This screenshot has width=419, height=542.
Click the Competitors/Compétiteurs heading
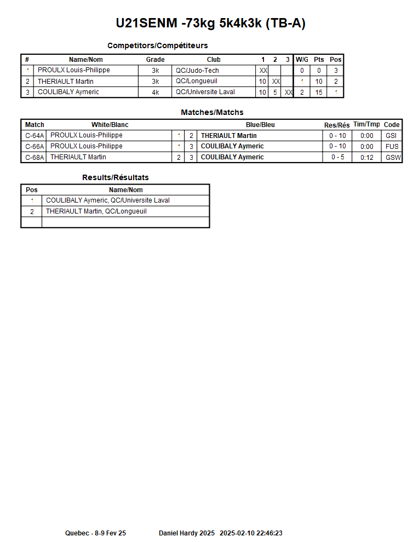coord(157,45)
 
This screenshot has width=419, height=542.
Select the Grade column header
coord(155,60)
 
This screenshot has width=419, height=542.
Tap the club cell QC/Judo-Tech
coord(197,71)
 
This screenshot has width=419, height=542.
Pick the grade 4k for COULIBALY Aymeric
coord(155,93)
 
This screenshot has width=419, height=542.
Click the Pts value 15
coord(319,93)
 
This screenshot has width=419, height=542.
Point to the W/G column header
coord(302,60)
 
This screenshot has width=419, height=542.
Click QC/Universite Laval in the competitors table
coord(205,92)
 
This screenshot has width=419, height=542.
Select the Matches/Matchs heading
coord(212,112)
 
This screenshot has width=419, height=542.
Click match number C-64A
coord(35,136)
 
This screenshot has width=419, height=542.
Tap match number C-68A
coord(35,158)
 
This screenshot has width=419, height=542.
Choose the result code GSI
coord(391,136)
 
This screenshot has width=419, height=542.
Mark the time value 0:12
coord(367,158)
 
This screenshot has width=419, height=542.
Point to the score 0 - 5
coord(337,158)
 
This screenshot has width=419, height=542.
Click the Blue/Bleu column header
coord(260,125)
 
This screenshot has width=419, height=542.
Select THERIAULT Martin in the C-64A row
coord(228,136)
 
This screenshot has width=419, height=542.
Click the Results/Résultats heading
coord(115,177)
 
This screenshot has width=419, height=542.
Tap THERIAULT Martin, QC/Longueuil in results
coord(96,211)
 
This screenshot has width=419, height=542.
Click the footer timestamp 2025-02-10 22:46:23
coord(251,533)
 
